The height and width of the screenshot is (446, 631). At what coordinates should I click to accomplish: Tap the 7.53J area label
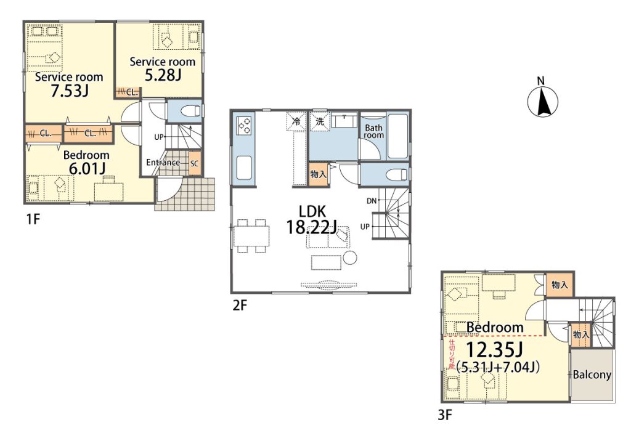pyautogui.click(x=69, y=92)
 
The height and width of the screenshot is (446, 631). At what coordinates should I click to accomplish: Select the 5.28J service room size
pyautogui.click(x=163, y=75)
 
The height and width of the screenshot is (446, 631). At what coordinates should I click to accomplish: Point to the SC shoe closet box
pyautogui.click(x=194, y=164)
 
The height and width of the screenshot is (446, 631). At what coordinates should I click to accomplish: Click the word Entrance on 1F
pyautogui.click(x=163, y=163)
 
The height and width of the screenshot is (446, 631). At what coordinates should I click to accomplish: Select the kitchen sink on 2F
pyautogui.click(x=244, y=169)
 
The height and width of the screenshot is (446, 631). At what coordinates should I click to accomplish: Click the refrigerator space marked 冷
pyautogui.click(x=296, y=122)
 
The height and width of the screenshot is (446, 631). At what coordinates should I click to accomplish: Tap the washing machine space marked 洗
pyautogui.click(x=320, y=122)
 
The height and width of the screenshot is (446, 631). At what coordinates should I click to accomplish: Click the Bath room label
pyautogui.click(x=373, y=131)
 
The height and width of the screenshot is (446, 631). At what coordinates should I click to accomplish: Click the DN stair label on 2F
pyautogui.click(x=372, y=201)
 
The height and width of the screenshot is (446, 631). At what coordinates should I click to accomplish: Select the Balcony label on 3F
pyautogui.click(x=592, y=375)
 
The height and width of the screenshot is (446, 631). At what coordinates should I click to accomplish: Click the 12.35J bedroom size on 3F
pyautogui.click(x=494, y=351)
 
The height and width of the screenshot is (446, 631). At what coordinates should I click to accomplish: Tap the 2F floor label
pyautogui.click(x=239, y=306)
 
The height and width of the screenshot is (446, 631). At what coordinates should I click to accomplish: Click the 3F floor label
pyautogui.click(x=445, y=415)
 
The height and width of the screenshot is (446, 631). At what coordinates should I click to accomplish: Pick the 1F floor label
pyautogui.click(x=33, y=219)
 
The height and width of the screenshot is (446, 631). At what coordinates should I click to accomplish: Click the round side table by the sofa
pyautogui.click(x=351, y=257)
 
